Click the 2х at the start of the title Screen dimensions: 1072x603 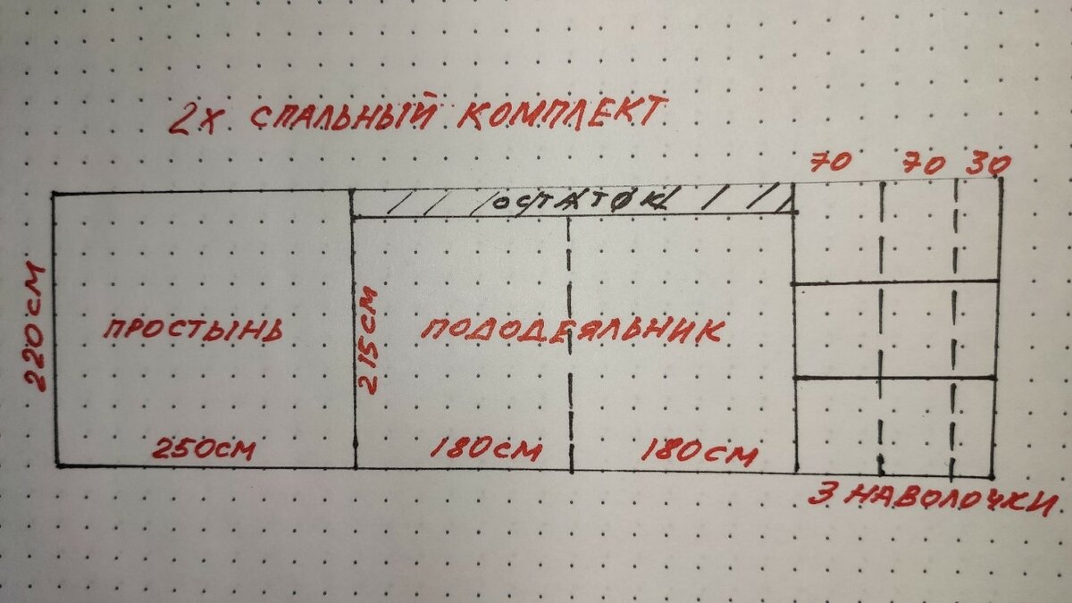pos(194,119)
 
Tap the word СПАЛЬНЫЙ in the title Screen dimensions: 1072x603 pos(344,113)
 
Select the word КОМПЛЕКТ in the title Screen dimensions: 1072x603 pos(562,113)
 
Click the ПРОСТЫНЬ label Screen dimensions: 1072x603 pos(193,330)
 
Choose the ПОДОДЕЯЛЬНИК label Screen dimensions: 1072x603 pos(573,331)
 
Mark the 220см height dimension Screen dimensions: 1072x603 pos(35,326)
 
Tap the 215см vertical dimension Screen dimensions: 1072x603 pos(368,339)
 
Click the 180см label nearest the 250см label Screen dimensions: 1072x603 pos(486,448)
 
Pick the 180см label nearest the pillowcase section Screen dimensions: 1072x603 pos(699,452)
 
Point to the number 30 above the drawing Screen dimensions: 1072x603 pos(988,164)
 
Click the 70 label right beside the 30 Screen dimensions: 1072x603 pos(924,164)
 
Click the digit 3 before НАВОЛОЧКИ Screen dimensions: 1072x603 pos(821,494)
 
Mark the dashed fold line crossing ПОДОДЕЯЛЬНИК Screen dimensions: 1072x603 pos(570,345)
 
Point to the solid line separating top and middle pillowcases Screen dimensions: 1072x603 pos(895,282)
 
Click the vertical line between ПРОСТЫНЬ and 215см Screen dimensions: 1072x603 pos(354,330)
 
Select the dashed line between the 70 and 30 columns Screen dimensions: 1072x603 pos(953,331)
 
